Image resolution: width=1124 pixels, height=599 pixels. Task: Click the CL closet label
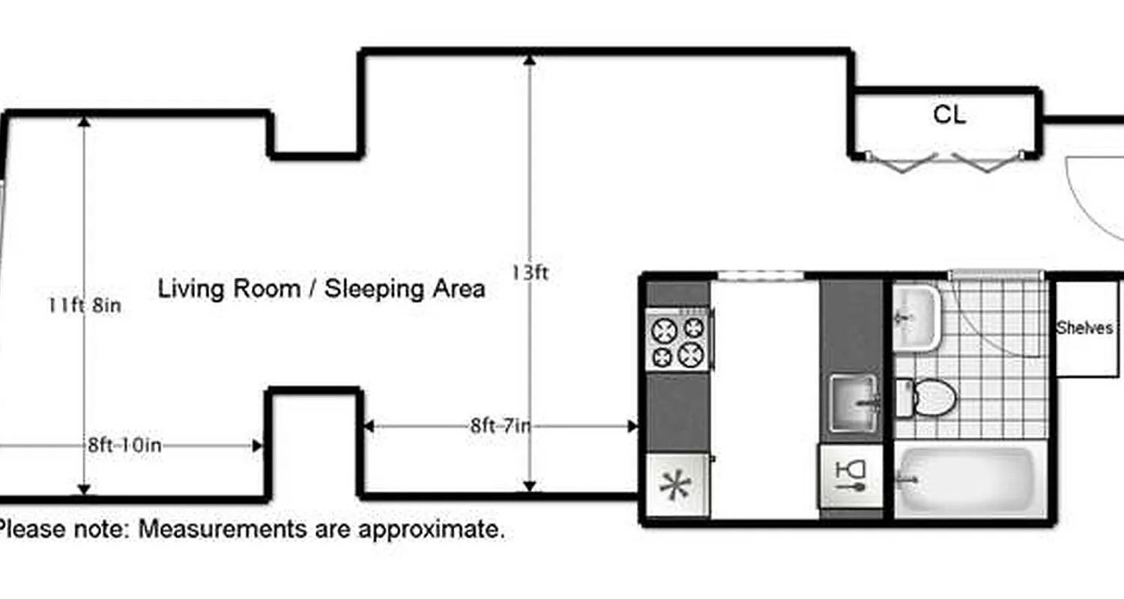pyautogui.click(x=949, y=115)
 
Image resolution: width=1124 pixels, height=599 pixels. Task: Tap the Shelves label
pyautogui.click(x=1084, y=328)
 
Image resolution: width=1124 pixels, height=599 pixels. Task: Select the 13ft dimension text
pyautogui.click(x=530, y=273)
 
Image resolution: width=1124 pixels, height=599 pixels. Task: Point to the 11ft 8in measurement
pyautogui.click(x=84, y=305)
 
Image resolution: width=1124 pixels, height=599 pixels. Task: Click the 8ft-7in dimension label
pyautogui.click(x=501, y=427)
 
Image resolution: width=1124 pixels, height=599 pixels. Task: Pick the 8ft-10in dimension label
pyautogui.click(x=124, y=446)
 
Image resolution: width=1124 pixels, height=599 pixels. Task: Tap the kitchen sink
pyautogui.click(x=854, y=404)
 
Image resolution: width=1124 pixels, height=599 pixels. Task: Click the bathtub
pyautogui.click(x=970, y=479)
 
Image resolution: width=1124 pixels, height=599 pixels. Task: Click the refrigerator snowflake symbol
pyautogui.click(x=677, y=485)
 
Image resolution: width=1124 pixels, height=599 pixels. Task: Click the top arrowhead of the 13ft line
pyautogui.click(x=530, y=58)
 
